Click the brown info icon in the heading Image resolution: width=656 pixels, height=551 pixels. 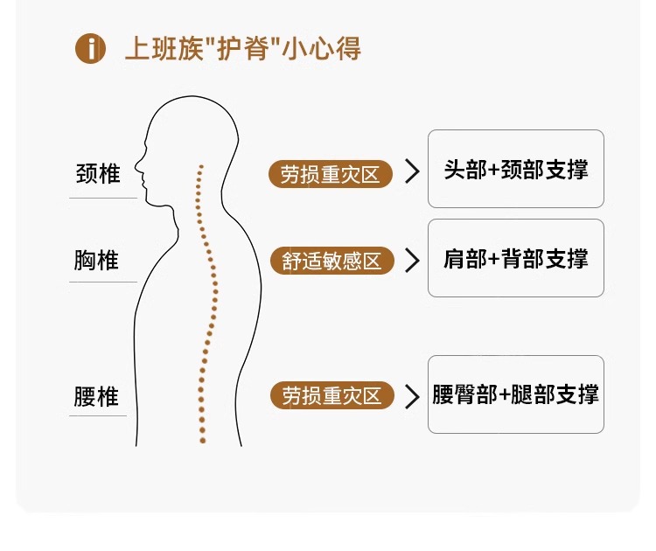[x=90, y=48]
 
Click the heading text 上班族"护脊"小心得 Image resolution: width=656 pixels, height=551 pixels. [x=243, y=49]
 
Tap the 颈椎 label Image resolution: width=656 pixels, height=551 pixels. [x=98, y=173]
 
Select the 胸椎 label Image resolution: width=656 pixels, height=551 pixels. [x=96, y=261]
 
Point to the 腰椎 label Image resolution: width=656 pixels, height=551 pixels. [x=96, y=397]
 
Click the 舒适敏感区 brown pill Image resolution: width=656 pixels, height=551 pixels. [x=332, y=261]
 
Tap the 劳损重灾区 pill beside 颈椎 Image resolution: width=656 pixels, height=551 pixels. [x=331, y=173]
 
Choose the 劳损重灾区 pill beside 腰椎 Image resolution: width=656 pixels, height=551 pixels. [x=332, y=396]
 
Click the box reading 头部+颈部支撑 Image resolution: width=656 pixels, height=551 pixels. [x=516, y=169]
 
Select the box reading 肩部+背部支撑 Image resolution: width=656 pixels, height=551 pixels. [x=516, y=258]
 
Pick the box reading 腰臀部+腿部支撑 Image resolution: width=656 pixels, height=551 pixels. [x=516, y=394]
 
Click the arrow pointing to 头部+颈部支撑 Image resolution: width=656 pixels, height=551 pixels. [x=412, y=172]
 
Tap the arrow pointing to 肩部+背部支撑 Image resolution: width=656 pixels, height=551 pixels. [x=412, y=260]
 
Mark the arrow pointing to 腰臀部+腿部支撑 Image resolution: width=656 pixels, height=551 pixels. [x=412, y=396]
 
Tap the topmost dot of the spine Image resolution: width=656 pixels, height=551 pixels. [x=201, y=165]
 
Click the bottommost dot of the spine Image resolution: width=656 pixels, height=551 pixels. [x=202, y=441]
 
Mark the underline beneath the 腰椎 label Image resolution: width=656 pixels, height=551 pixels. [x=98, y=416]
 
